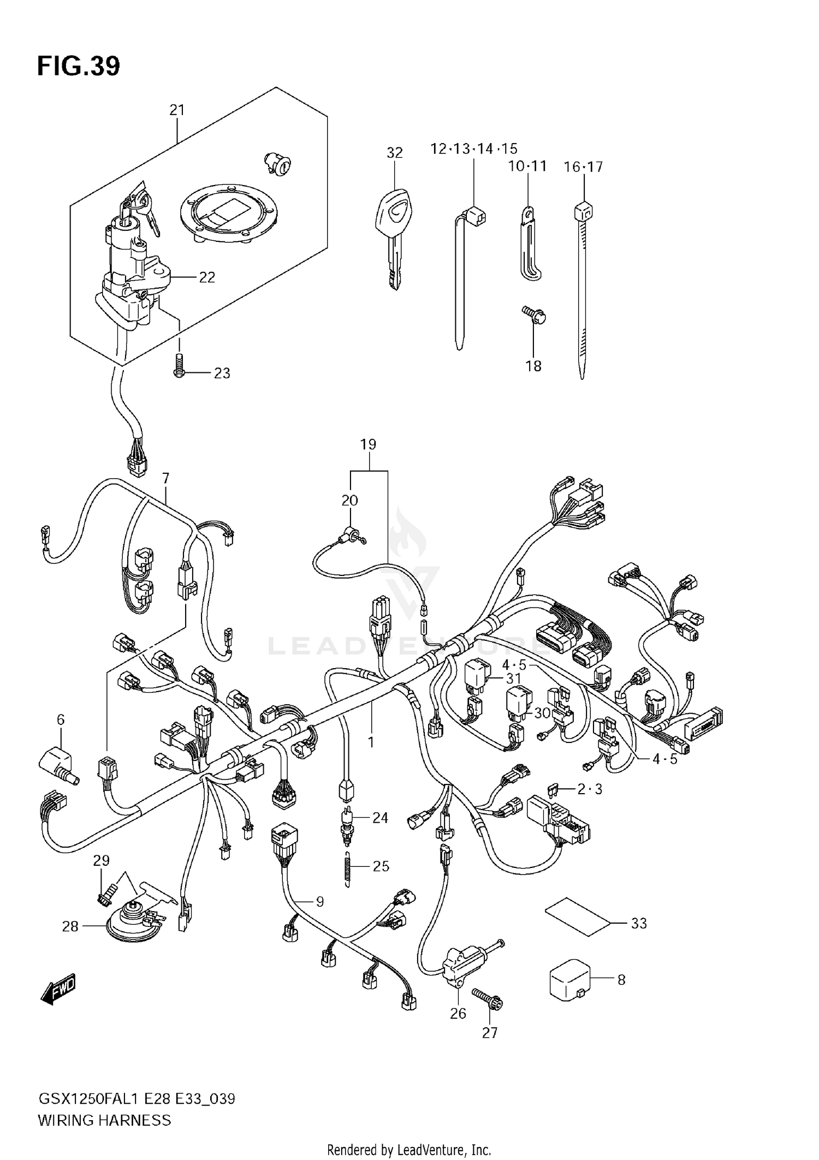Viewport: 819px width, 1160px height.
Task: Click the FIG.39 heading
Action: tap(78, 67)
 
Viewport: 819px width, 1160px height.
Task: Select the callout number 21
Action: tap(176, 110)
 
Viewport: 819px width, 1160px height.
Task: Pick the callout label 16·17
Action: tap(583, 167)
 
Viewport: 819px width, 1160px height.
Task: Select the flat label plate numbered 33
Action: tap(577, 917)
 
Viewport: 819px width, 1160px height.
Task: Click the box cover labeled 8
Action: tap(569, 980)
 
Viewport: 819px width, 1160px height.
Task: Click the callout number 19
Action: tap(369, 444)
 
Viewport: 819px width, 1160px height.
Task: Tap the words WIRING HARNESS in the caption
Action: tap(104, 1120)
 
